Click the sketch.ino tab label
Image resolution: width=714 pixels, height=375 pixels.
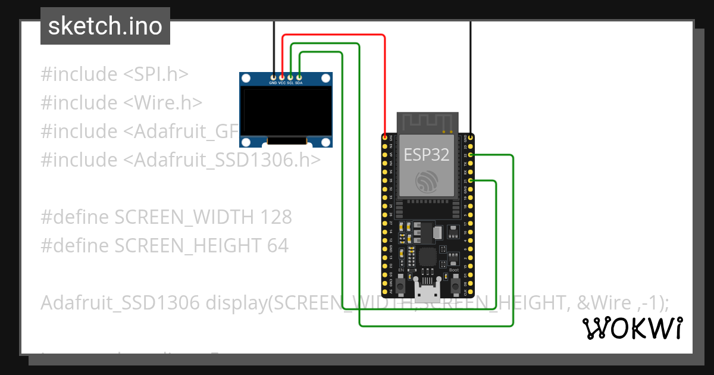click(105, 26)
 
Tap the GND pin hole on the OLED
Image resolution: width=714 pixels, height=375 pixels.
click(273, 77)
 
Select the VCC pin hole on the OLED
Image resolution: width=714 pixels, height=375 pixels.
click(281, 77)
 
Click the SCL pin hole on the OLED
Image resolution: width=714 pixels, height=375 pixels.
click(290, 77)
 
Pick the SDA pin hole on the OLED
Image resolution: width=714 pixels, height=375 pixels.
click(299, 77)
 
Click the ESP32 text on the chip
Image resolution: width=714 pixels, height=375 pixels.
click(427, 155)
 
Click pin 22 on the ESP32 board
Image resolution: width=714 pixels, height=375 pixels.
click(471, 155)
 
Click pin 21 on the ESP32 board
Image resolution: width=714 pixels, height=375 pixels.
click(471, 180)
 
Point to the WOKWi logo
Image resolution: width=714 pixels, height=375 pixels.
click(632, 328)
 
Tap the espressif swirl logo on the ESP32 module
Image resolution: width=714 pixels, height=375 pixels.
click(427, 181)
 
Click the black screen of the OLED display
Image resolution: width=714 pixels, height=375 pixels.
click(286, 111)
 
